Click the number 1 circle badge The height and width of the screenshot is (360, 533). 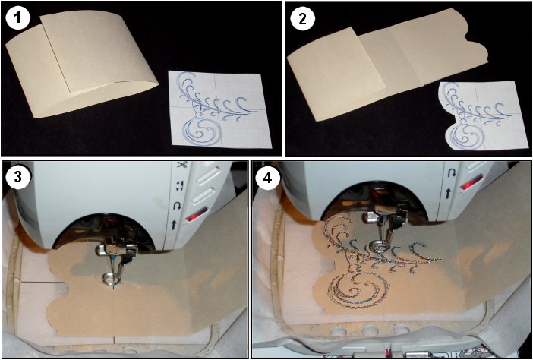17,17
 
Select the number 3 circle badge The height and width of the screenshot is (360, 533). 17,177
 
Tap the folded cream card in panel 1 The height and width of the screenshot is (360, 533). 82,64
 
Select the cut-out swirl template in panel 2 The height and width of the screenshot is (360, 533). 483,115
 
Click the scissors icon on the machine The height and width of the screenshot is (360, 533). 181,166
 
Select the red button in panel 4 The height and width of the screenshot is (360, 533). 471,182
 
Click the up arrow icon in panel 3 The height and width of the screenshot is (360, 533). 174,224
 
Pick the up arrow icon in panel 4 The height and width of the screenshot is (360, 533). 448,194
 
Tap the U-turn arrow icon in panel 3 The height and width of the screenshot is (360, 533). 177,206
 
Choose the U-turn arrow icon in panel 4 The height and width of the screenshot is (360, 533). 452,173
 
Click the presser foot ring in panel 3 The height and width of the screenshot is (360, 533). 110,277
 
